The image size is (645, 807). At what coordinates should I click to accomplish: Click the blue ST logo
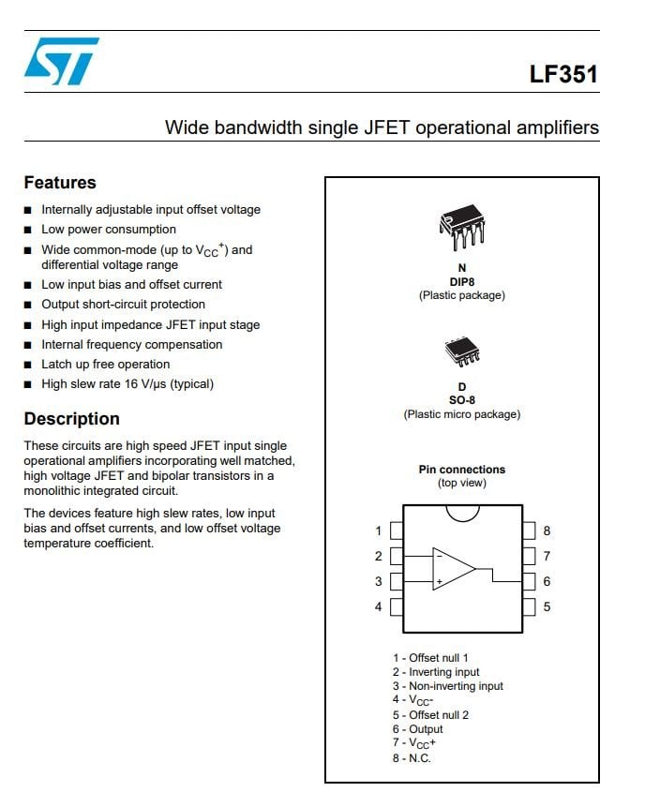click(x=62, y=61)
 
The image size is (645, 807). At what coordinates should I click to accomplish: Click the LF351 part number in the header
click(x=563, y=74)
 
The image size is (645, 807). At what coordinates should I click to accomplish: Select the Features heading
click(x=60, y=183)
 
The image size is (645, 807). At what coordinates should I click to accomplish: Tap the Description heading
click(x=71, y=419)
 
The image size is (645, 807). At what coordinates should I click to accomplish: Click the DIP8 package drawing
click(x=462, y=227)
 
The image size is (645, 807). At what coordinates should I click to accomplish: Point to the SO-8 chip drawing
click(x=462, y=351)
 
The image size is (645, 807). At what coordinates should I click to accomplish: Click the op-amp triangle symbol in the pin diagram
click(x=454, y=569)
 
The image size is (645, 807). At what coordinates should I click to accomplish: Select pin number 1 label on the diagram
click(x=379, y=531)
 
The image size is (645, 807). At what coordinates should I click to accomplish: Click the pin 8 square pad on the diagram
click(x=529, y=531)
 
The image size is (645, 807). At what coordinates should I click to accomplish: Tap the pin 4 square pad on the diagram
click(x=397, y=606)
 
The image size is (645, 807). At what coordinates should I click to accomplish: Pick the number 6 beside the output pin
click(x=547, y=581)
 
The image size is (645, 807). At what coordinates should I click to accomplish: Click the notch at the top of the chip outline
click(x=462, y=517)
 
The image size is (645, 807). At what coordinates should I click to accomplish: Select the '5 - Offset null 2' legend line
click(x=430, y=715)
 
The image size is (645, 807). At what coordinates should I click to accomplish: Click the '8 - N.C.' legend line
click(x=412, y=758)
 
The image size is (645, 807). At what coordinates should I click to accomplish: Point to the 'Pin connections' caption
click(x=462, y=470)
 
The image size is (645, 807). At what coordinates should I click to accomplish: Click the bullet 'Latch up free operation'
click(x=106, y=365)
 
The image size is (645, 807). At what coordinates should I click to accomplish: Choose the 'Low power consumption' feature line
click(x=109, y=230)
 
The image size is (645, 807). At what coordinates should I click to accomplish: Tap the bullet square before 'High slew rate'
click(x=28, y=384)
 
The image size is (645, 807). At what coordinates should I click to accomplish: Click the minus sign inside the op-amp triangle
click(x=440, y=556)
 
